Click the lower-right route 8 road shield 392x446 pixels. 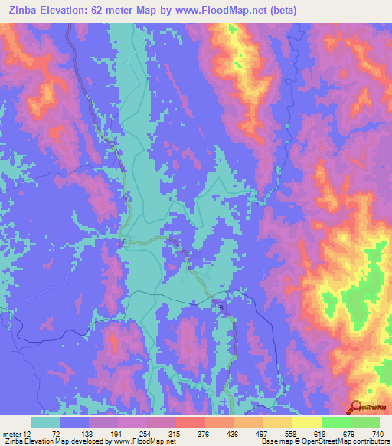tap(222, 307)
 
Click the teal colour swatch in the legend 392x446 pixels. tap(45, 422)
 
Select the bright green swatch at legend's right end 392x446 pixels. tap(365, 422)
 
